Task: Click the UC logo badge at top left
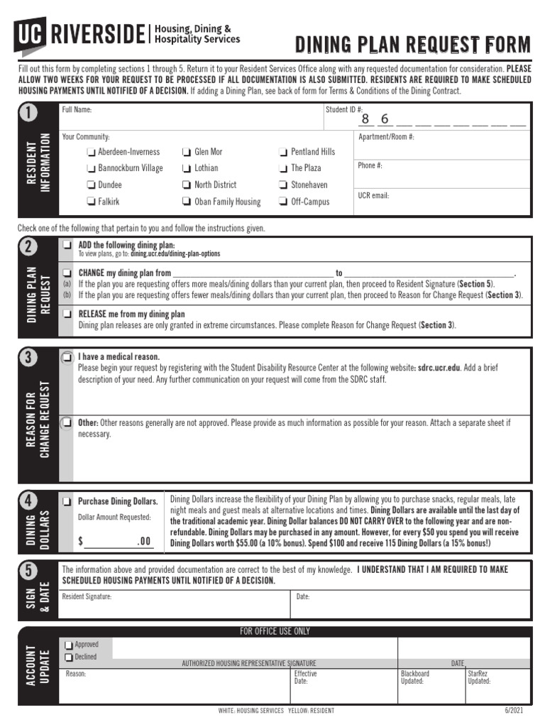click(29, 33)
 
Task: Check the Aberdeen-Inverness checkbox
click(91, 152)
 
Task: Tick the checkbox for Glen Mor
click(187, 152)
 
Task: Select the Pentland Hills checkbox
click(283, 152)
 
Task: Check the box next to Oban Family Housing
click(187, 202)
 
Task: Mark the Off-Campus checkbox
click(283, 202)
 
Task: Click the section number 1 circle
click(29, 114)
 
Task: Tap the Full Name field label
click(77, 110)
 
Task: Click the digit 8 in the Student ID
click(365, 119)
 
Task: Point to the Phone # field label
click(370, 165)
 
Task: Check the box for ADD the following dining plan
click(67, 245)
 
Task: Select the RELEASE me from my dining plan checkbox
click(67, 313)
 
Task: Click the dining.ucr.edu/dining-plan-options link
click(175, 253)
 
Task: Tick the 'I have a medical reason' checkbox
click(67, 356)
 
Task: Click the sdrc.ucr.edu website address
click(439, 368)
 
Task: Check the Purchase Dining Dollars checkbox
click(67, 501)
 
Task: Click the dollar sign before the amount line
click(81, 542)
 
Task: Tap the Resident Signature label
click(87, 596)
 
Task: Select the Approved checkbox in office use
click(69, 645)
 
